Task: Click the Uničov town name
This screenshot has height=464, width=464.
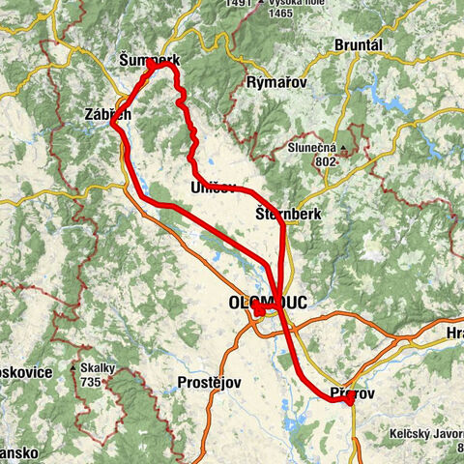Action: pyautogui.click(x=213, y=187)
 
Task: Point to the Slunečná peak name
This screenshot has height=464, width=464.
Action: pyautogui.click(x=310, y=148)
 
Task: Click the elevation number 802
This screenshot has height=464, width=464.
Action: pyautogui.click(x=325, y=161)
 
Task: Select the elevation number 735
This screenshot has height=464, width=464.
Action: pyautogui.click(x=94, y=382)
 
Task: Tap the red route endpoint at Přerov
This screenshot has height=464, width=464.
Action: pyautogui.click(x=348, y=399)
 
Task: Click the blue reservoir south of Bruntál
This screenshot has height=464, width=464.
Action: pyautogui.click(x=372, y=94)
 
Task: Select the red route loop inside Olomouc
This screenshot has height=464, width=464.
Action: pyautogui.click(x=261, y=312)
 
